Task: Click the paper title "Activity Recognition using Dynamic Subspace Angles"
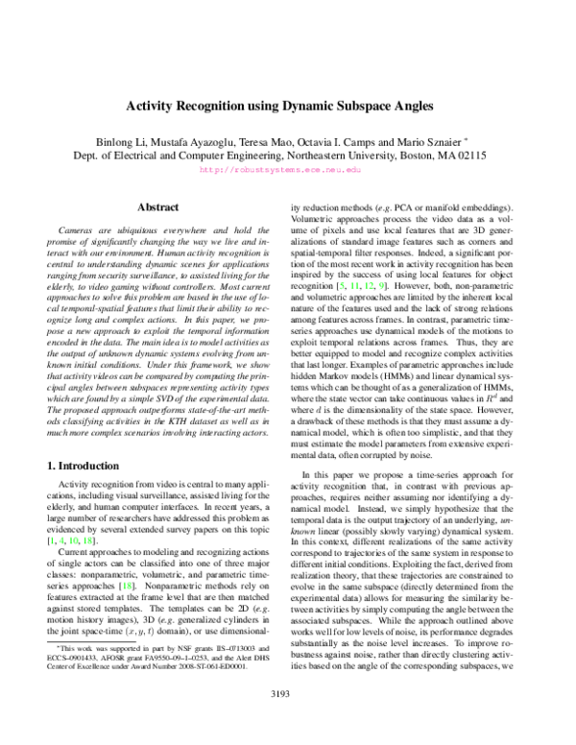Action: [287, 108]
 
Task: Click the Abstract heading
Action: [158, 206]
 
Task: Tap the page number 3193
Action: [287, 716]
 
